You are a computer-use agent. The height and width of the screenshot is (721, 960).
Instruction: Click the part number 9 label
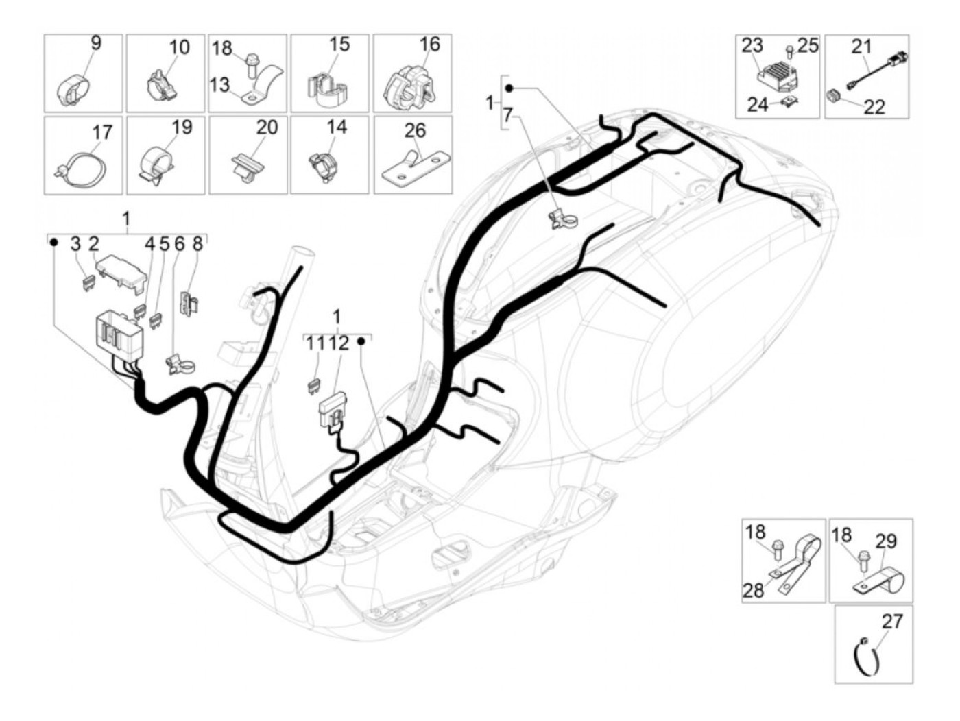(96, 43)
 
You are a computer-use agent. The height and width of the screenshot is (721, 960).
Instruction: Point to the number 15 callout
(339, 45)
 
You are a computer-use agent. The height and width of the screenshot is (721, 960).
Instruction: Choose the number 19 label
(182, 127)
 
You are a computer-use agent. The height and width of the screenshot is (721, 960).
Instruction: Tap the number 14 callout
(337, 127)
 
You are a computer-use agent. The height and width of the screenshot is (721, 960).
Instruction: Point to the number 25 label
(808, 46)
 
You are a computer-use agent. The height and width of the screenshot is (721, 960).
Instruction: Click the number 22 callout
(875, 107)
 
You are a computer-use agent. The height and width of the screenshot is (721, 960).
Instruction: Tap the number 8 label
(197, 243)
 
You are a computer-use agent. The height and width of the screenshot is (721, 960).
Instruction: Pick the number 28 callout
(754, 589)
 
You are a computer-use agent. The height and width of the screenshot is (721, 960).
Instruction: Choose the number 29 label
(886, 541)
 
